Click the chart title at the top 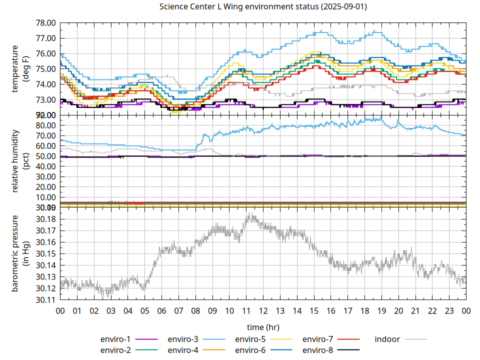[x=262, y=7]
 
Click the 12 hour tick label [x=263, y=310]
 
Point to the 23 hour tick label [x=449, y=310]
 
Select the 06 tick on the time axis [x=161, y=310]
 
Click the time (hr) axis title [x=263, y=327]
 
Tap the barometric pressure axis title [x=19, y=253]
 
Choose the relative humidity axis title [x=19, y=161]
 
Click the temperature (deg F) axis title [x=19, y=69]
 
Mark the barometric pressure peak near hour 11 [x=248, y=214]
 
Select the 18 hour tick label [x=364, y=310]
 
